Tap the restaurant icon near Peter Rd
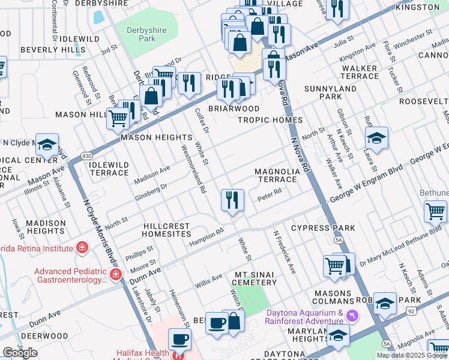[232, 200]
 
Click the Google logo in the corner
[20, 353]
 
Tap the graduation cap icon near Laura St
[376, 139]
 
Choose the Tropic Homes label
[270, 120]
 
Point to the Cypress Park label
[323, 228]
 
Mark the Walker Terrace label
[360, 72]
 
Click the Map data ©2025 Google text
[412, 355]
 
